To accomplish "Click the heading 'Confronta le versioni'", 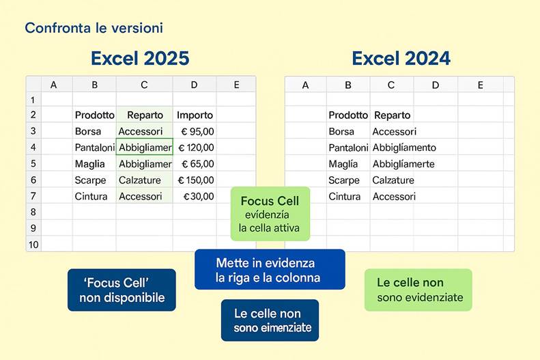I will (x=94, y=28).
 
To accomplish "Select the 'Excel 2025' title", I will (x=140, y=59).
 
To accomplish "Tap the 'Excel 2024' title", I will (x=401, y=59).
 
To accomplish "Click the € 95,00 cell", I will (x=197, y=131).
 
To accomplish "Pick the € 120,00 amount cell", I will (x=196, y=148).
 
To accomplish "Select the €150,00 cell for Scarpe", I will (x=196, y=180).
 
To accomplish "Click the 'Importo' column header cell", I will (x=195, y=115).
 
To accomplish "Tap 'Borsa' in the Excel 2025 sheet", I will (x=88, y=131).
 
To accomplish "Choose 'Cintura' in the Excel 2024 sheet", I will (x=344, y=196).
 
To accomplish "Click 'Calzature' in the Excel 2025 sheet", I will (x=140, y=180).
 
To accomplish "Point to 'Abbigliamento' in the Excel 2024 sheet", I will (x=404, y=148).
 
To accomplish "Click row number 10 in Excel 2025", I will (x=33, y=244).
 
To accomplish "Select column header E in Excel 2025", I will (x=236, y=85).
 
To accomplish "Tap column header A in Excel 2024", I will (x=305, y=85).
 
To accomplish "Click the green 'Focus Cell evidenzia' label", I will (x=270, y=214).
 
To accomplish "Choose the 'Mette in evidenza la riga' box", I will (x=269, y=270).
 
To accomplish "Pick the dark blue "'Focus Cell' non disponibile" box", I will (x=122, y=290).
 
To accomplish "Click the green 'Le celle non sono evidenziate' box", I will (x=418, y=290).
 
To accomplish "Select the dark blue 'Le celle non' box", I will (x=269, y=320).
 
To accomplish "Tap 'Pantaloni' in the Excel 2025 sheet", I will (x=94, y=148).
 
